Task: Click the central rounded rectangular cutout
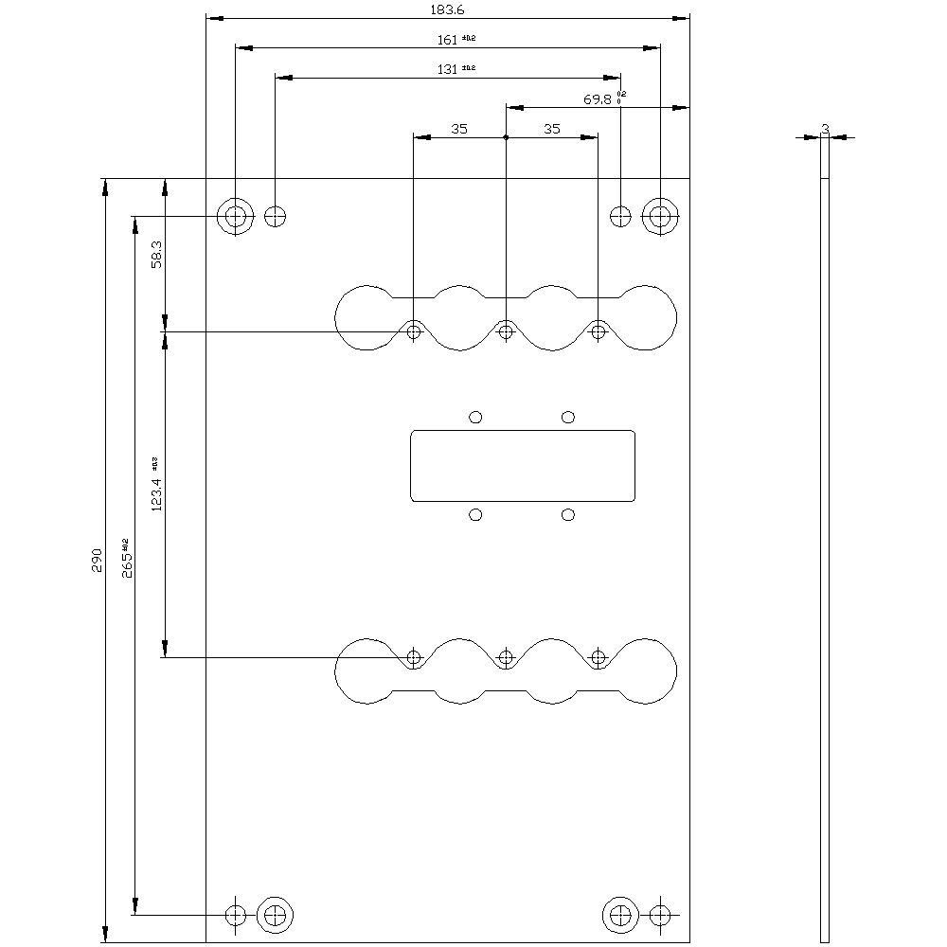[523, 466]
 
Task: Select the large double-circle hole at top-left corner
[235, 216]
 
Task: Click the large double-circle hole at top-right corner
[660, 216]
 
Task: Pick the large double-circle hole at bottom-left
[276, 915]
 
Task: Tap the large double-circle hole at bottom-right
[620, 915]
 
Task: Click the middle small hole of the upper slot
[506, 331]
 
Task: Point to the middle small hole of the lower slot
[506, 657]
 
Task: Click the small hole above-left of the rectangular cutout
[476, 417]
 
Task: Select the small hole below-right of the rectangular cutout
[568, 514]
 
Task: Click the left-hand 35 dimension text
[459, 129]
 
